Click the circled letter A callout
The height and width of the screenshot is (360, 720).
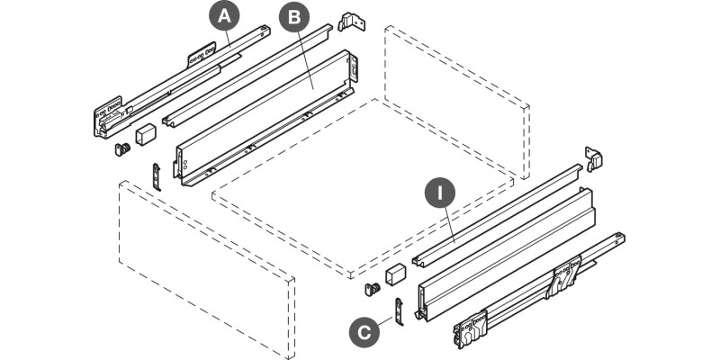click(223, 15)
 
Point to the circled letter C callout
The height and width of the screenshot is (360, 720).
click(363, 332)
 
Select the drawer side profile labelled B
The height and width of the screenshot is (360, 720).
click(270, 117)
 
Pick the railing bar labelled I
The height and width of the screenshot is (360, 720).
click(499, 216)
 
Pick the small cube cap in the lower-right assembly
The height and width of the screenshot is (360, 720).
click(393, 274)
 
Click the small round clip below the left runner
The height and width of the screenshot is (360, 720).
click(121, 149)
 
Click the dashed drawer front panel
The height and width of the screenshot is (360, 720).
click(207, 270)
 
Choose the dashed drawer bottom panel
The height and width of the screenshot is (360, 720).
click(360, 189)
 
